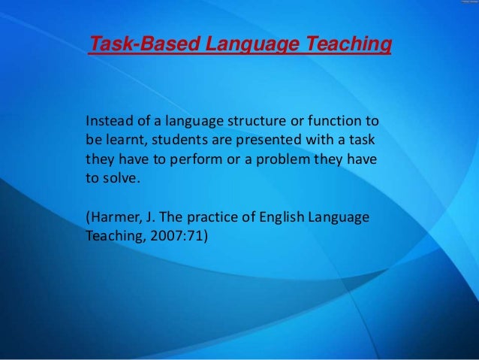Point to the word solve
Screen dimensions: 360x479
click(122, 180)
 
